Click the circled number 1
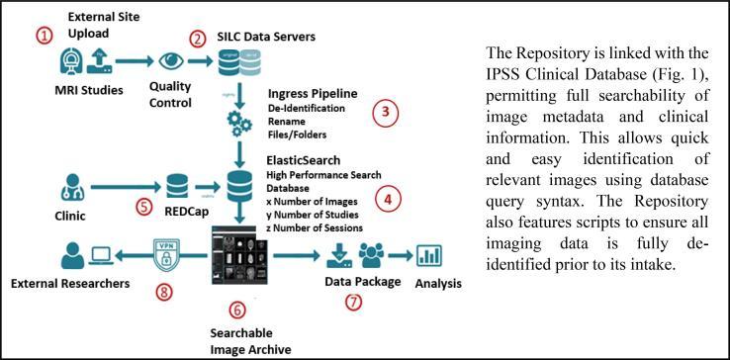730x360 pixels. coord(43,35)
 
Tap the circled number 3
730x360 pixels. coord(388,113)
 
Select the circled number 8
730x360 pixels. coord(165,292)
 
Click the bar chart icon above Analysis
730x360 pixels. coord(428,256)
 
